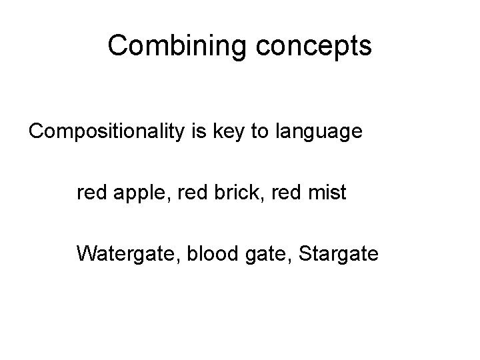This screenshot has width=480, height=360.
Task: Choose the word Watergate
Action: tap(125, 254)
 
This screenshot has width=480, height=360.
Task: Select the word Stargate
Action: tap(339, 254)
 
